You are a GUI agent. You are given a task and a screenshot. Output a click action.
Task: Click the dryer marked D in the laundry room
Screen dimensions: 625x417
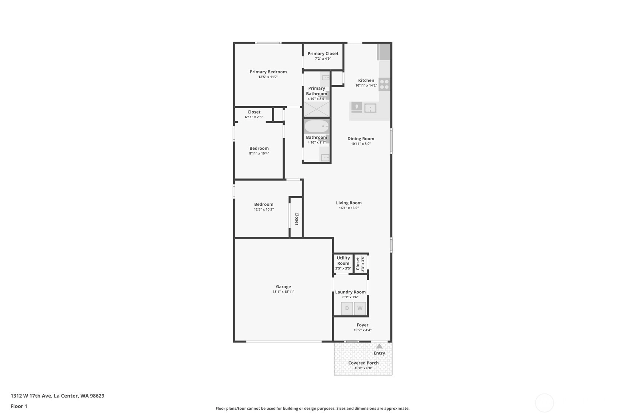[x=347, y=308]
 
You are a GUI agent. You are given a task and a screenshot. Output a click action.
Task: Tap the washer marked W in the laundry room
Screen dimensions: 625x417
[x=360, y=308]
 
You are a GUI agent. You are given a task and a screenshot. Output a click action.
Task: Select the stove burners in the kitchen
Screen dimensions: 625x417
[x=384, y=84]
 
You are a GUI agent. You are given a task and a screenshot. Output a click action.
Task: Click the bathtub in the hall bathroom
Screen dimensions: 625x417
[x=317, y=126]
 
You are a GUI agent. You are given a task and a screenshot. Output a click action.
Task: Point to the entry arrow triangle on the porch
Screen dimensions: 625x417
[x=379, y=346]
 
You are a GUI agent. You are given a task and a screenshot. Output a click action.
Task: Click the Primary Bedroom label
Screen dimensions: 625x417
[x=268, y=72]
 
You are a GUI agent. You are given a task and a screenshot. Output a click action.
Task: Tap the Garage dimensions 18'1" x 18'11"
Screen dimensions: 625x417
[x=284, y=292]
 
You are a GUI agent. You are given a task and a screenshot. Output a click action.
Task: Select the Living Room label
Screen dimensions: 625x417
[x=349, y=203]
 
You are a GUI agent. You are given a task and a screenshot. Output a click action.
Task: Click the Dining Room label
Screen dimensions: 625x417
[x=361, y=139]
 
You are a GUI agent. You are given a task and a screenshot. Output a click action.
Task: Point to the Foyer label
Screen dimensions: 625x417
[x=362, y=325]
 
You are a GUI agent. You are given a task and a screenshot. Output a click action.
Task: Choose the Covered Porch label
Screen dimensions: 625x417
[x=363, y=363]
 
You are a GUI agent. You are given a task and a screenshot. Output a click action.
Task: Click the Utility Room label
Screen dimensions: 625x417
[x=343, y=261]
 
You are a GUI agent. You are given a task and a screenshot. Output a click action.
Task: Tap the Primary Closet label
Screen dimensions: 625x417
[x=323, y=53]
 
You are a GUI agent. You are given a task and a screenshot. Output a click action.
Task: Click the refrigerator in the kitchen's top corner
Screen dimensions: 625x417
[x=384, y=52]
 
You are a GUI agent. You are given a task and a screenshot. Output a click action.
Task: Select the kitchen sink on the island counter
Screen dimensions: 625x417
[x=370, y=108]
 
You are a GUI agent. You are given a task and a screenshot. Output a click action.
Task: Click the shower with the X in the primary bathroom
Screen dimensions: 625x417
[x=317, y=109]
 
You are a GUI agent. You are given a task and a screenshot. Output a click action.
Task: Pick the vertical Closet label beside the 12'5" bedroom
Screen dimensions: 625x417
[x=296, y=219]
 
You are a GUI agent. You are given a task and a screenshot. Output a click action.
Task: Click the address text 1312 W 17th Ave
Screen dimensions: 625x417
[x=31, y=396]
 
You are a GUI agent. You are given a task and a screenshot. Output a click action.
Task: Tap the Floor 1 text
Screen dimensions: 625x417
[x=19, y=406]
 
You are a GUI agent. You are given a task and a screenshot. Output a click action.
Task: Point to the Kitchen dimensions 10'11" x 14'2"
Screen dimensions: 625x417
[x=366, y=86]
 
